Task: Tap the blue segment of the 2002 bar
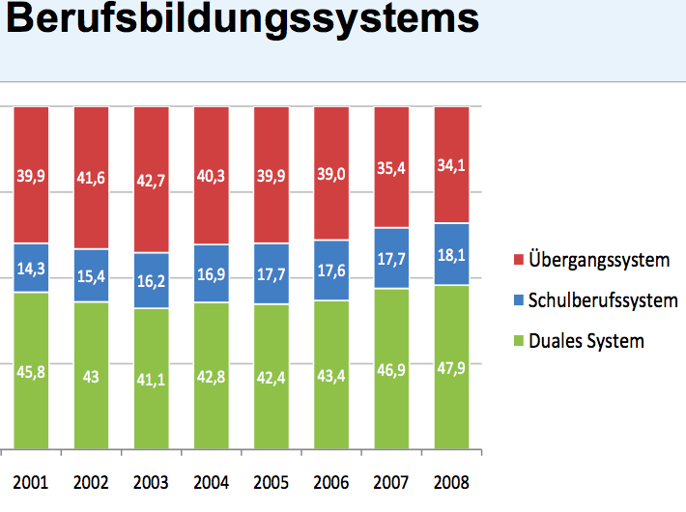click(91, 276)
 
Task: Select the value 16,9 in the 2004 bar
click(212, 273)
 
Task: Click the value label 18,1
click(451, 255)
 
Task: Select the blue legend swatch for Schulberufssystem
click(519, 301)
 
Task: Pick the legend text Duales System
click(586, 341)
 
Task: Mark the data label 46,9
click(391, 367)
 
